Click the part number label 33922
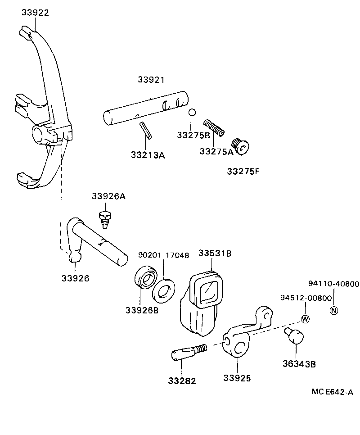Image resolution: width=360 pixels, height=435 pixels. click(35, 13)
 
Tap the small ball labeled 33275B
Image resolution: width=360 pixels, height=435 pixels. click(192, 113)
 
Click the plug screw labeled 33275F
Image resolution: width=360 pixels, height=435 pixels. click(241, 147)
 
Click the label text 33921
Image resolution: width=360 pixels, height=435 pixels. click(151, 80)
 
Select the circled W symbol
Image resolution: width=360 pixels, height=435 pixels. click(305, 319)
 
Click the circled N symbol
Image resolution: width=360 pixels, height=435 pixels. click(334, 310)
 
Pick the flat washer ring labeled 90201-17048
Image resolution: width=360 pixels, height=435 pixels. click(164, 290)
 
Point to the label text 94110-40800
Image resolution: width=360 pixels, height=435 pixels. click(333, 284)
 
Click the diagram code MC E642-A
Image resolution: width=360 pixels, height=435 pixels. click(332, 392)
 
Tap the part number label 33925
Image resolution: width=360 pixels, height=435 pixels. click(237, 378)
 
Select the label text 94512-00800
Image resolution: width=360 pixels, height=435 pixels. click(306, 298)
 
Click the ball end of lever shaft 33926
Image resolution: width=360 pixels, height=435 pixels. click(75, 258)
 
